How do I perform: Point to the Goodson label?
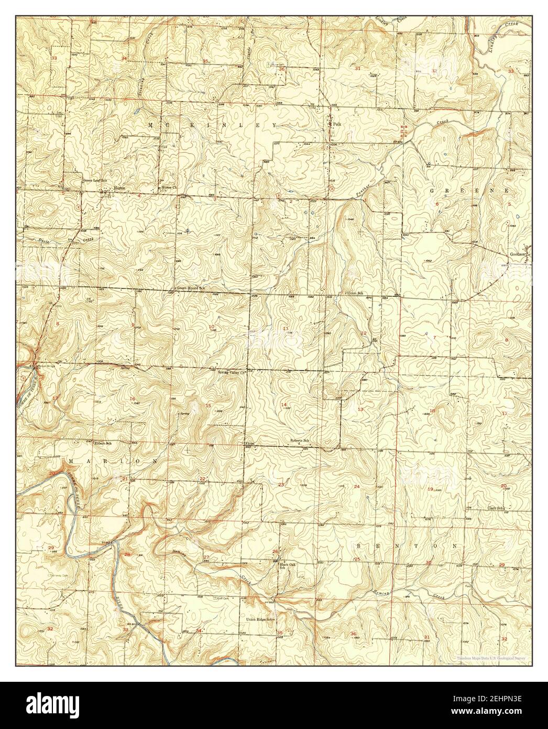click(518, 254)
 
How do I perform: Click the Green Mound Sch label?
click(190, 288)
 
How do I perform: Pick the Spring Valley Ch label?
click(231, 372)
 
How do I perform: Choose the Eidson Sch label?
click(103, 443)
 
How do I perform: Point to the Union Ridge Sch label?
click(260, 619)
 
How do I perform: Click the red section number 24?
click(357, 487)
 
